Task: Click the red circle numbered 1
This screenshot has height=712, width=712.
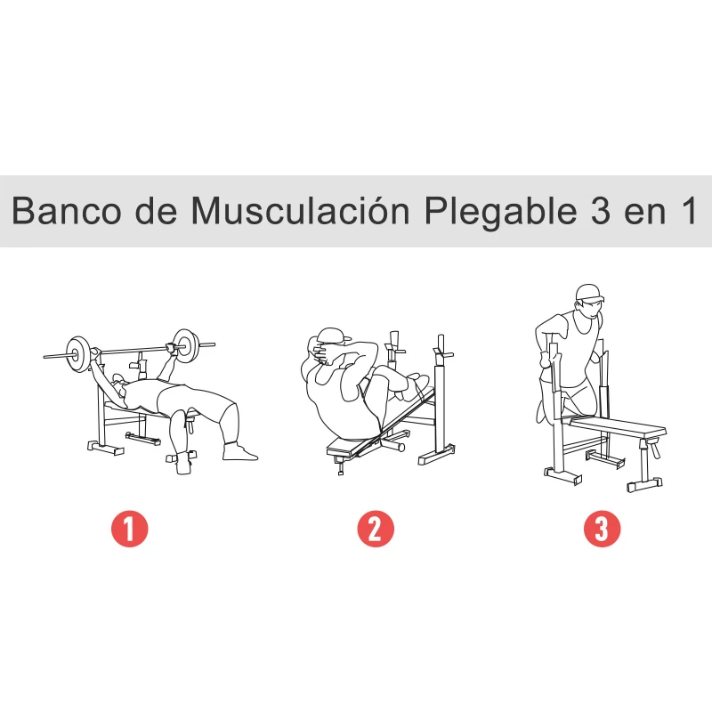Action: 129,529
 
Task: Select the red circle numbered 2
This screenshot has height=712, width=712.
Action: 375,529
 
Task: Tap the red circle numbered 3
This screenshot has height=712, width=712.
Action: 602,529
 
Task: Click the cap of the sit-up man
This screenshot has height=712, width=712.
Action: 328,336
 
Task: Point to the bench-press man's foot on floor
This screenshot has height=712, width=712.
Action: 239,452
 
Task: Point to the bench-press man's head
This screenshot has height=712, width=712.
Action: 110,384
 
